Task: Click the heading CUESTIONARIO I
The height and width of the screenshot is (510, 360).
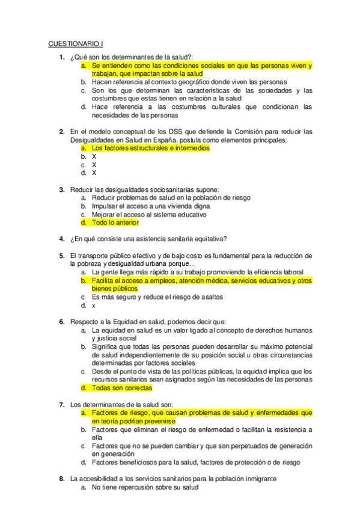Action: [75, 44]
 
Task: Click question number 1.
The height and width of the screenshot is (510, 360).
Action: [61, 57]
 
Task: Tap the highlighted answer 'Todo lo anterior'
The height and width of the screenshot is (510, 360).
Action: [115, 223]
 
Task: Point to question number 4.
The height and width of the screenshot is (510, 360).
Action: [61, 238]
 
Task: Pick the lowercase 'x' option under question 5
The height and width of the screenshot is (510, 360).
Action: [94, 305]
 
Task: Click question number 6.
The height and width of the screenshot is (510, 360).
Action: [61, 322]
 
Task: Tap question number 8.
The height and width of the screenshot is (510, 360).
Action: [61, 479]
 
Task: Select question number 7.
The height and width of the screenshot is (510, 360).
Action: [61, 404]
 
